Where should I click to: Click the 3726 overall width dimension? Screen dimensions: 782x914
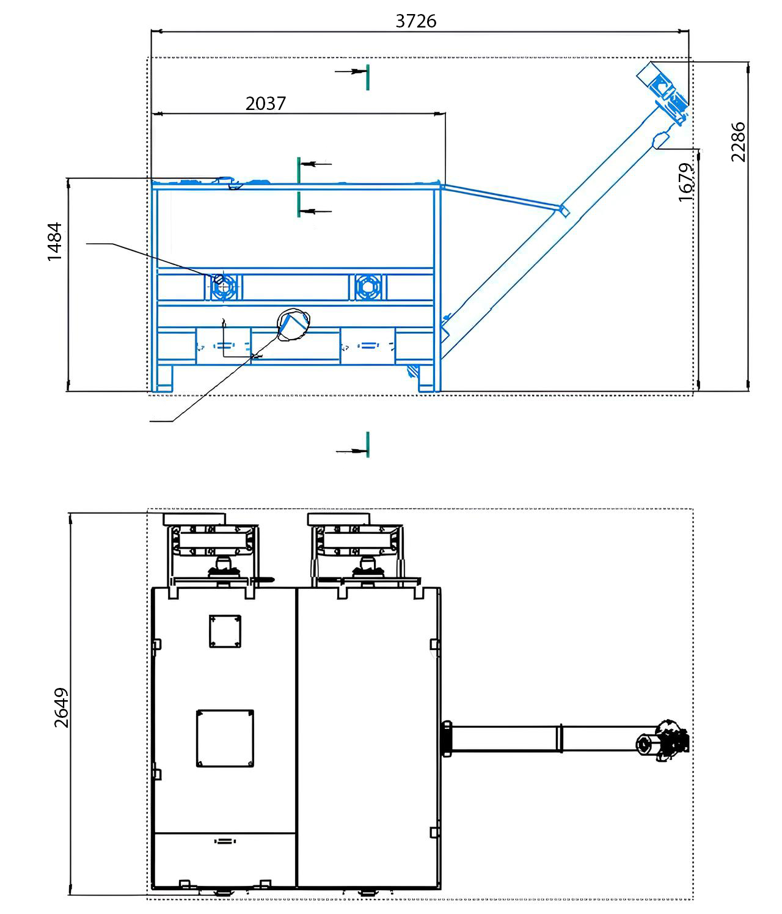pyautogui.click(x=415, y=21)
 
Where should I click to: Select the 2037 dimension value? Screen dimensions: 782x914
pyautogui.click(x=266, y=104)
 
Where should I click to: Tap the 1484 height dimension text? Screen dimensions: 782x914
pyautogui.click(x=54, y=241)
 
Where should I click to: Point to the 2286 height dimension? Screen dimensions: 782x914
pyautogui.click(x=738, y=142)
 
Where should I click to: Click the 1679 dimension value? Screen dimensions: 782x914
pyautogui.click(x=685, y=182)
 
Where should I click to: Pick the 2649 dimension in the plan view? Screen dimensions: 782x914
pyautogui.click(x=62, y=707)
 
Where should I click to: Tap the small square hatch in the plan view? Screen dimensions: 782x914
pyautogui.click(x=225, y=631)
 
